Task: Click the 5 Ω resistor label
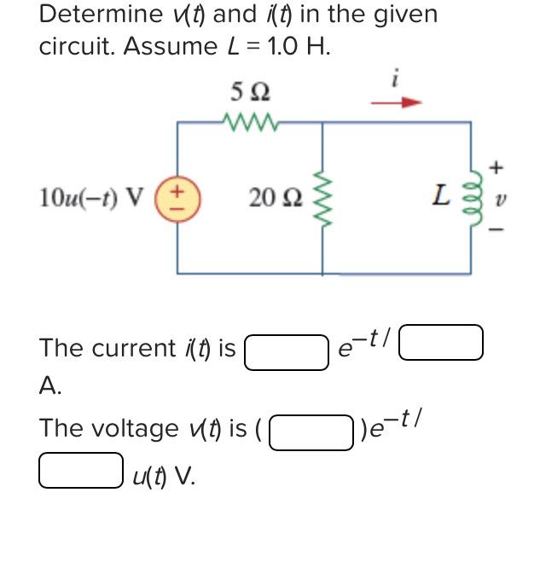(x=249, y=90)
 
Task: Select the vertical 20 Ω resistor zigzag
(x=322, y=198)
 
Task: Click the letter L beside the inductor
(x=441, y=198)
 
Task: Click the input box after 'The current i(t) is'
(x=287, y=351)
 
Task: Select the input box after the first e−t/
(x=442, y=343)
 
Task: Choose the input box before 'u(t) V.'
(x=81, y=472)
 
